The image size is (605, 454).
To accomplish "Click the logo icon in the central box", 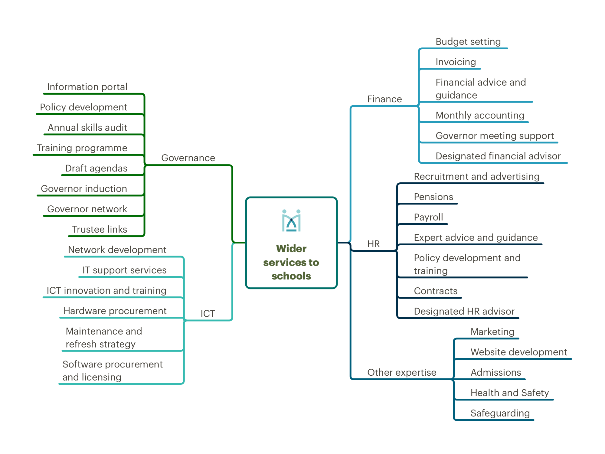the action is [x=291, y=220].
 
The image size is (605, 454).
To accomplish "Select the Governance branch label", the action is [x=188, y=158].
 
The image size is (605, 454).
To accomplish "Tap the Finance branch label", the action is [x=384, y=99].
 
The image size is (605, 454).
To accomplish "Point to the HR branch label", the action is [x=374, y=244].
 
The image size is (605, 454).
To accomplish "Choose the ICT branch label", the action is [x=208, y=313].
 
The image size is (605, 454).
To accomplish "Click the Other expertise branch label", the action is [x=402, y=372].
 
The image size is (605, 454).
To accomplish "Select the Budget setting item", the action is [x=468, y=41].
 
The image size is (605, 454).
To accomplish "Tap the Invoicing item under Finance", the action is [x=456, y=62].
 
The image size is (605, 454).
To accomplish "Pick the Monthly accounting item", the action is [x=480, y=115].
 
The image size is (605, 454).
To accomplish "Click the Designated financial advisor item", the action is [x=498, y=156].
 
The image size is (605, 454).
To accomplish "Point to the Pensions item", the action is [x=433, y=197].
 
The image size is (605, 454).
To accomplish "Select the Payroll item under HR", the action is [x=428, y=217].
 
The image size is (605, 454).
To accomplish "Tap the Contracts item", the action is [x=436, y=291].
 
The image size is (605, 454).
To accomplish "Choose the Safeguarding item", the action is [x=500, y=413].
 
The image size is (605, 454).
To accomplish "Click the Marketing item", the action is [x=492, y=332].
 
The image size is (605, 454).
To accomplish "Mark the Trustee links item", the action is [x=100, y=229].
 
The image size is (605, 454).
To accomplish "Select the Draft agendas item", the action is [x=96, y=168].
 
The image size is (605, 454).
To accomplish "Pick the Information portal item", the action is [x=87, y=87].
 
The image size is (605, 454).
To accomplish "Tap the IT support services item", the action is [x=124, y=270].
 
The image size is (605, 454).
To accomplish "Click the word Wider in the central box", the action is [x=291, y=249].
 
